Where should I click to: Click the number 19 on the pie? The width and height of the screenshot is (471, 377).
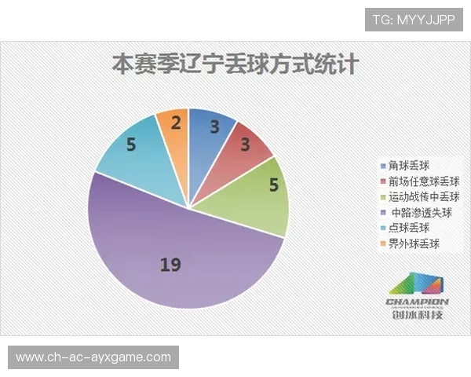pyautogui.click(x=170, y=265)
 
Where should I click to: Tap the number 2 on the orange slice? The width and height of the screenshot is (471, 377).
pyautogui.click(x=176, y=123)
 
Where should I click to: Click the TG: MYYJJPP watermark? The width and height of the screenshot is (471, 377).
pyautogui.click(x=414, y=18)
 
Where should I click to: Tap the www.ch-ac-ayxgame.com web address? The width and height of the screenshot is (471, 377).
pyautogui.click(x=93, y=357)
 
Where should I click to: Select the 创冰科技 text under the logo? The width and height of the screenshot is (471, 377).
pyautogui.click(x=417, y=316)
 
